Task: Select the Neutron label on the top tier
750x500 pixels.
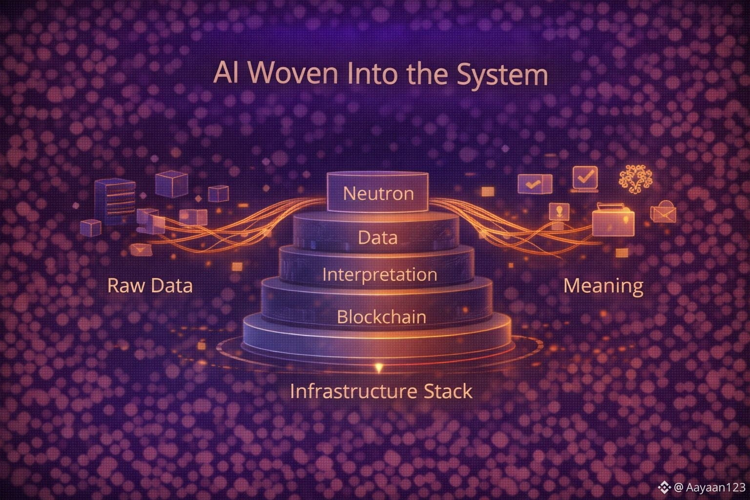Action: coord(378,193)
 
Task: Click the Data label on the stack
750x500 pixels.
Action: coord(377,238)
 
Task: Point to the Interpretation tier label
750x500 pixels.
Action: coord(379,274)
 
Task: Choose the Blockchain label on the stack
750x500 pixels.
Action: coord(381,317)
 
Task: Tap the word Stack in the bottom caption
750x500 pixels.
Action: coord(448,391)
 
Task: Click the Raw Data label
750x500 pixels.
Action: coord(150,285)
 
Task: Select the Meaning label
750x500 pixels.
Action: coord(603,285)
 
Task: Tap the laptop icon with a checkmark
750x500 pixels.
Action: coord(584,178)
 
